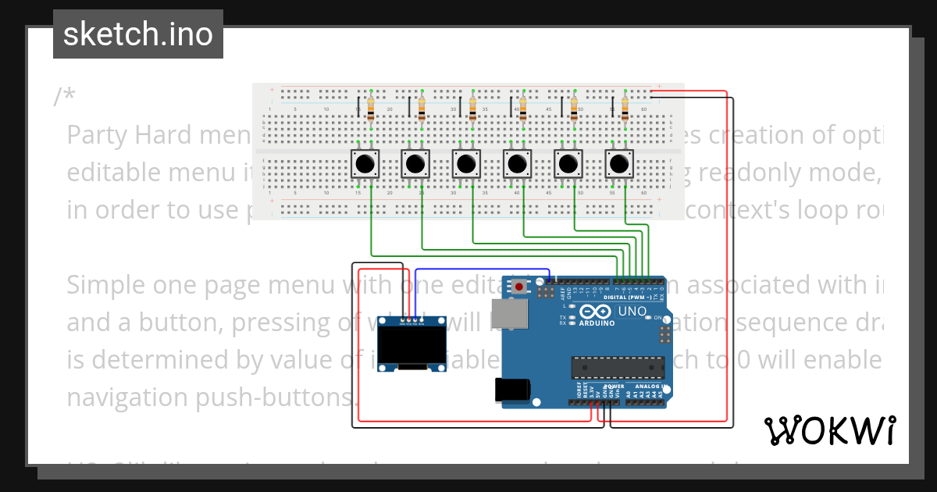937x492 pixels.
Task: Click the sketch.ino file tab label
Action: click(x=138, y=34)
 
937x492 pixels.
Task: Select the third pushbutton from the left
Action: click(x=466, y=165)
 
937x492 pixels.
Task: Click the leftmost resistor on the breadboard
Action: click(x=370, y=109)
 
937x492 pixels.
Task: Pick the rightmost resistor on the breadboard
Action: click(x=625, y=109)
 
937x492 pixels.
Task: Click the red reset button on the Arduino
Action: click(x=519, y=287)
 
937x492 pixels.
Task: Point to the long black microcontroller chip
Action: click(x=611, y=366)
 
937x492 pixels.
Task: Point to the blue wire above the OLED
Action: click(x=483, y=270)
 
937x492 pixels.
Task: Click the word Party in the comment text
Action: click(x=98, y=135)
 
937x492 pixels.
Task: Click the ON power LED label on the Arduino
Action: click(x=658, y=318)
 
